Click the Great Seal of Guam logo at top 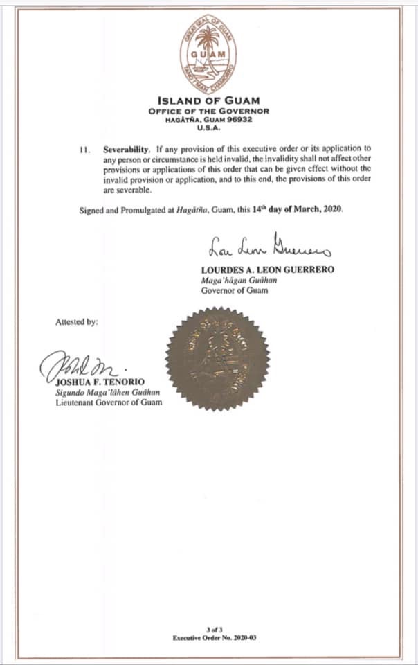(208, 55)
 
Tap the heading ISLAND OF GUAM (208, 100)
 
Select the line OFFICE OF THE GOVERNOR (208, 111)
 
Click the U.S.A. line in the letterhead (208, 127)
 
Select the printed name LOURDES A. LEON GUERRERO (266, 269)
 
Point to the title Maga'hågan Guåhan (233, 281)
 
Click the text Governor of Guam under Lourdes (231, 291)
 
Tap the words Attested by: (77, 322)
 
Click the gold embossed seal (217, 360)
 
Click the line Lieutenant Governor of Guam (108, 402)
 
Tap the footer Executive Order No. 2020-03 (208, 636)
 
